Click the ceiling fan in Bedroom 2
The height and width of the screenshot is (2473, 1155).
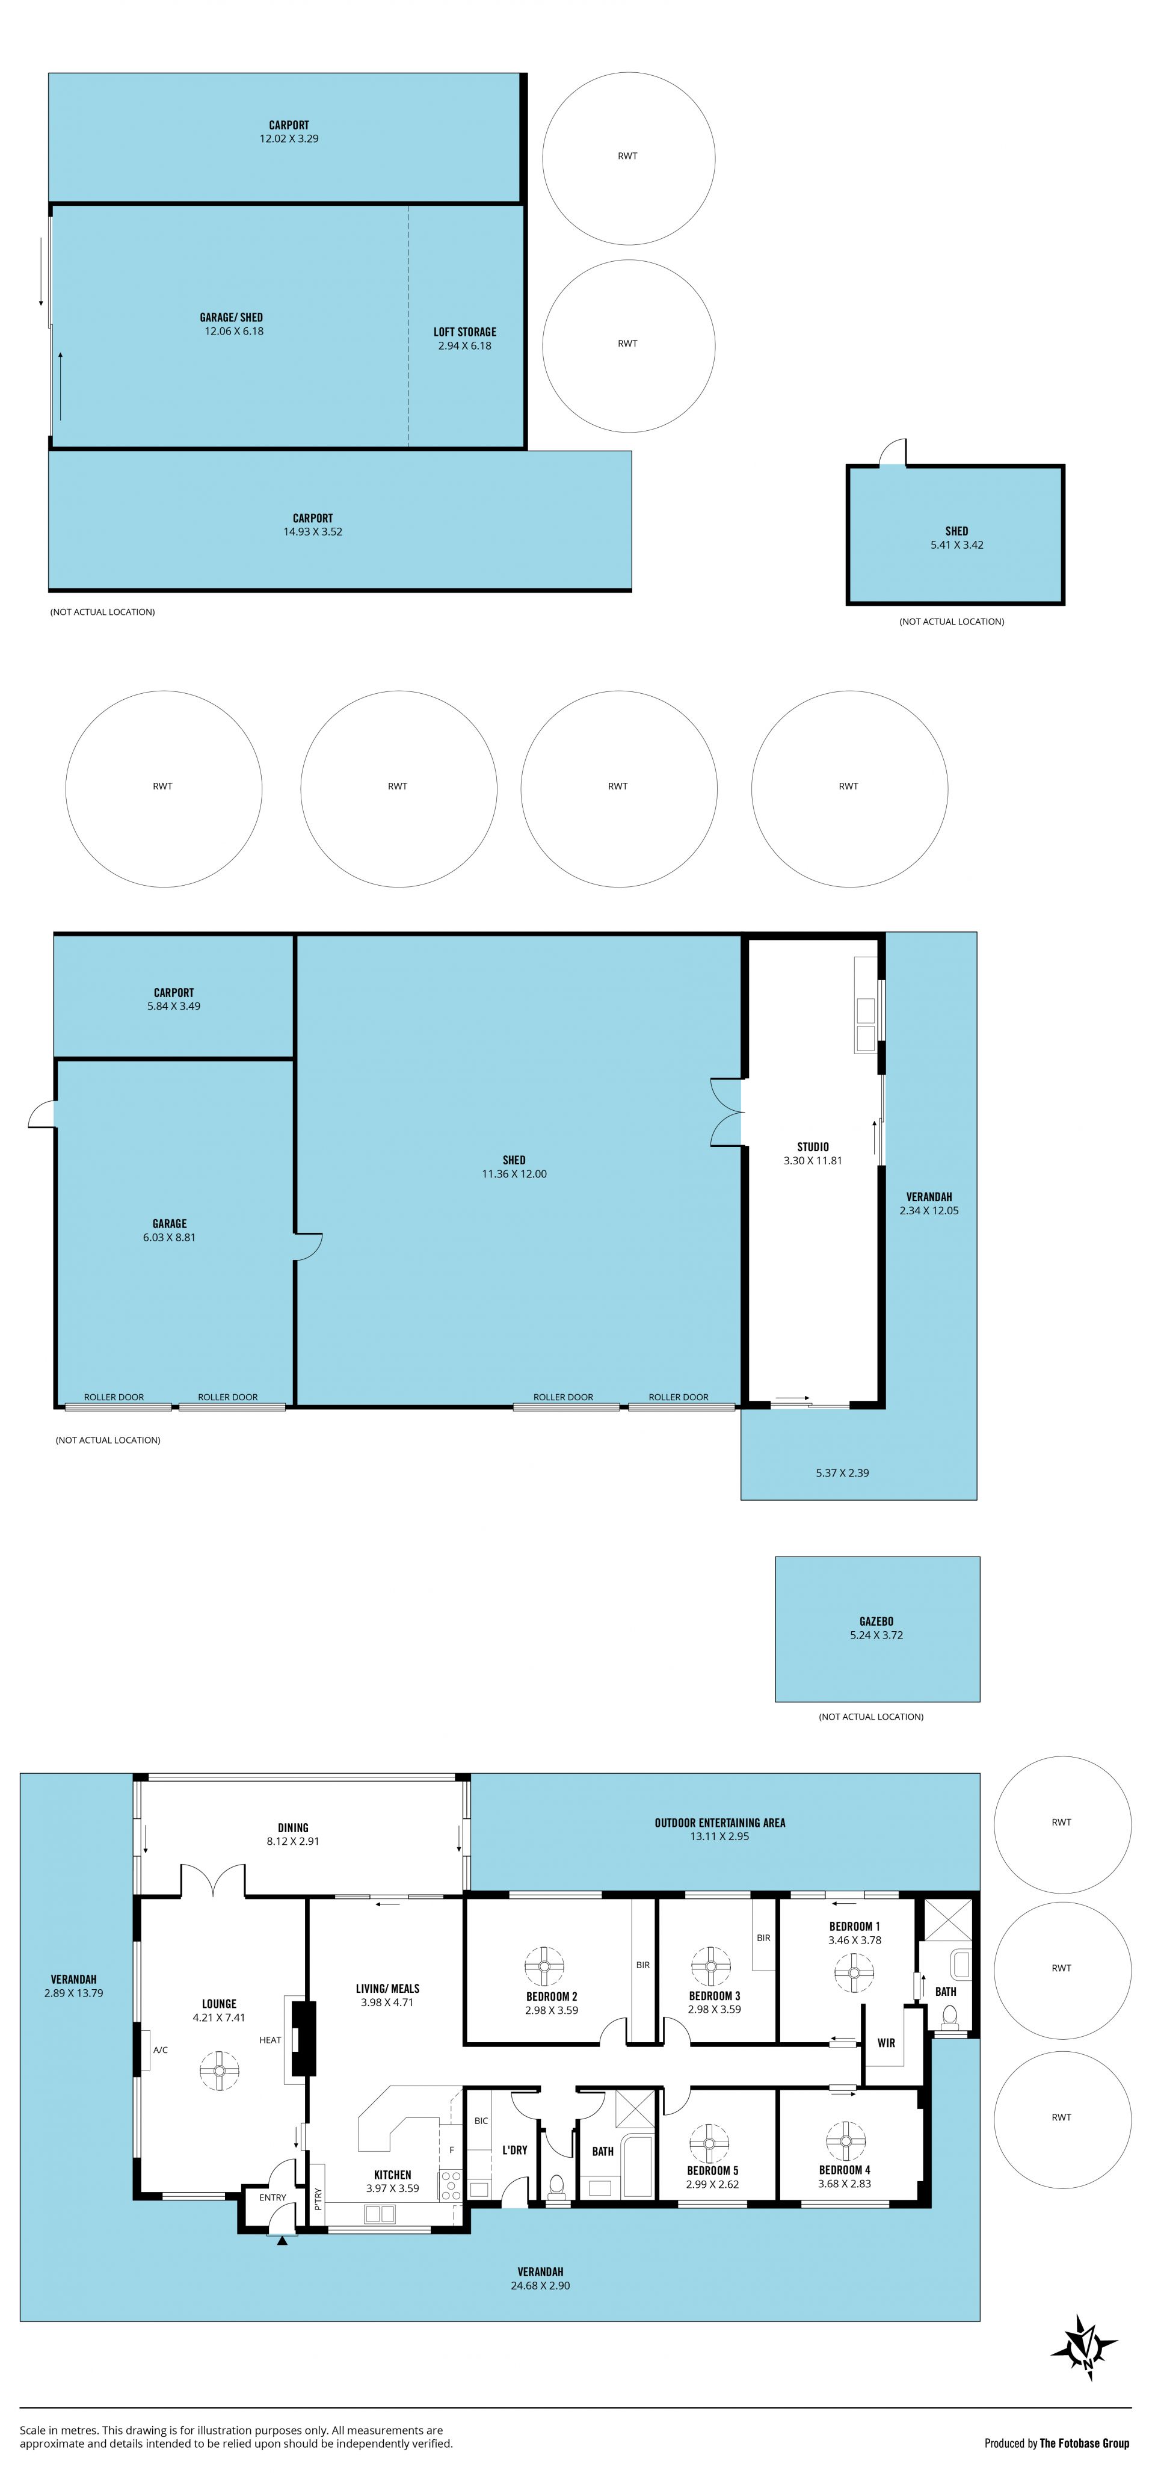click(543, 1966)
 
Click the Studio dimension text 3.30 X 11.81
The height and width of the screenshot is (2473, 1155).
click(813, 1161)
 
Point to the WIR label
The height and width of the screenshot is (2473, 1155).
click(886, 2043)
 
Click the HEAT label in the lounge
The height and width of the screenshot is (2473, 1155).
click(271, 2040)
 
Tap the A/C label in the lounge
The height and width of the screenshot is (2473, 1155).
click(161, 2051)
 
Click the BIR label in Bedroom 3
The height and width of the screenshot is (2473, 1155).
click(763, 1938)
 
